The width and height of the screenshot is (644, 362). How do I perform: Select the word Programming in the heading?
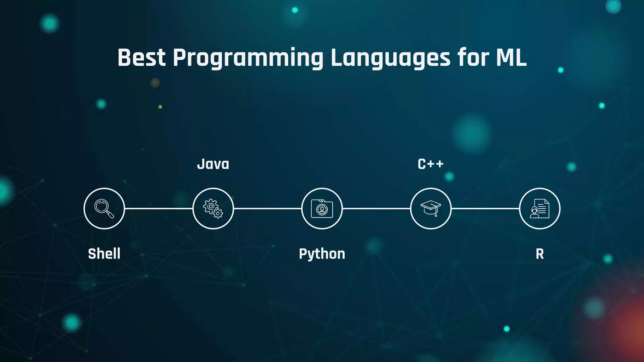[x=248, y=58]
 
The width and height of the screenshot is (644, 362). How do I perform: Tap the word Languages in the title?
[x=391, y=58]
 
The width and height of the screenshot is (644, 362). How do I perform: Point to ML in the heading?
[x=511, y=58]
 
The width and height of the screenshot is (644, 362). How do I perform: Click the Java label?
[x=213, y=164]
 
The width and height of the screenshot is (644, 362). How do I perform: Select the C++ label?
[x=430, y=164]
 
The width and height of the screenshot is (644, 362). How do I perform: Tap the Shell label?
[x=104, y=254]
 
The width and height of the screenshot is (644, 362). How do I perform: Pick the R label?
[x=540, y=254]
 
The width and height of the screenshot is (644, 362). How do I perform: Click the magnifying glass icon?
[x=104, y=209]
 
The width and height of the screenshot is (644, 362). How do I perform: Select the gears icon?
[x=213, y=209]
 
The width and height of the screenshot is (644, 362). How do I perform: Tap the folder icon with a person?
[x=322, y=209]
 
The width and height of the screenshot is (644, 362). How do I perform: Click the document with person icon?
[x=540, y=209]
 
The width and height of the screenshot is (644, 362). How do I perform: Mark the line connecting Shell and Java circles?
[x=158, y=208]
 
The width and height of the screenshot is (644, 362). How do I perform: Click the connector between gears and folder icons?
[x=268, y=208]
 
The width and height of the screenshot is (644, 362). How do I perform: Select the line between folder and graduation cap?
[x=376, y=208]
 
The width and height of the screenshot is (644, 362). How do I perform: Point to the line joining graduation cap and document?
[x=485, y=208]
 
